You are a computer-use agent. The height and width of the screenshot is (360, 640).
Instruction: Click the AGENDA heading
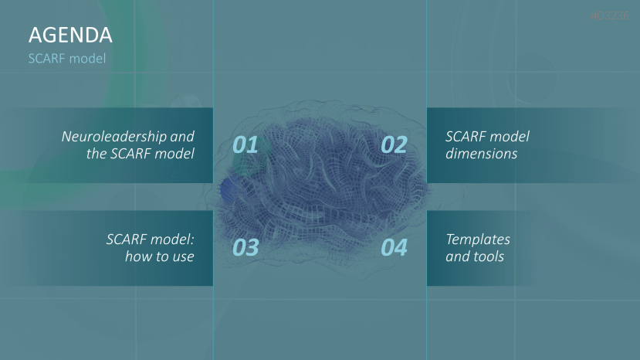coord(70,35)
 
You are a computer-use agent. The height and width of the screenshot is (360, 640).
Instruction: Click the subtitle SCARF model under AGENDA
coord(66,58)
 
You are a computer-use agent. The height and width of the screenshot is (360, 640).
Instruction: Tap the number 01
coord(245,144)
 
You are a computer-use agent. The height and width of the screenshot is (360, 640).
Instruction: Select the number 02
coord(394,144)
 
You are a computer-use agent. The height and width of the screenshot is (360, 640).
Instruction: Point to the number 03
coord(245,248)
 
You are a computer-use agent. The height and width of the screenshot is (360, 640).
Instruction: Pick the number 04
coord(394,248)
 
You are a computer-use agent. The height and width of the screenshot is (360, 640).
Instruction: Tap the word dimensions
coord(481,154)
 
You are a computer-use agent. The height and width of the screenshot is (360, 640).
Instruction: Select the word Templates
coord(478,239)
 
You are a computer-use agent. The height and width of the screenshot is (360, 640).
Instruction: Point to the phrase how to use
coord(159,256)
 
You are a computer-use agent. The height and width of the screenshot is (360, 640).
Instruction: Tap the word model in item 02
coord(513,136)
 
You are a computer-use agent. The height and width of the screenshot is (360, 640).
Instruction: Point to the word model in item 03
coord(174,239)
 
